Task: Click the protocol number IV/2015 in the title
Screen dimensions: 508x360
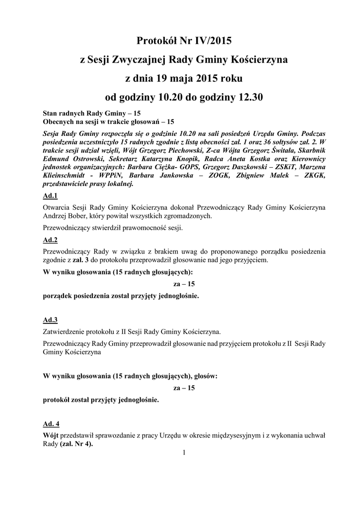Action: tap(209, 40)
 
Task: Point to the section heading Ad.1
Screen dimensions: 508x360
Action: tap(51, 196)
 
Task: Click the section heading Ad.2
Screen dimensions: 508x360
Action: tap(51, 240)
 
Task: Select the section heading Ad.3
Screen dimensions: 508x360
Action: tap(51, 320)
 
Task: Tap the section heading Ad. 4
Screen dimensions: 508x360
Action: tap(52, 424)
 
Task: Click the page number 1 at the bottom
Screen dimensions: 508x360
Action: tap(183, 452)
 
